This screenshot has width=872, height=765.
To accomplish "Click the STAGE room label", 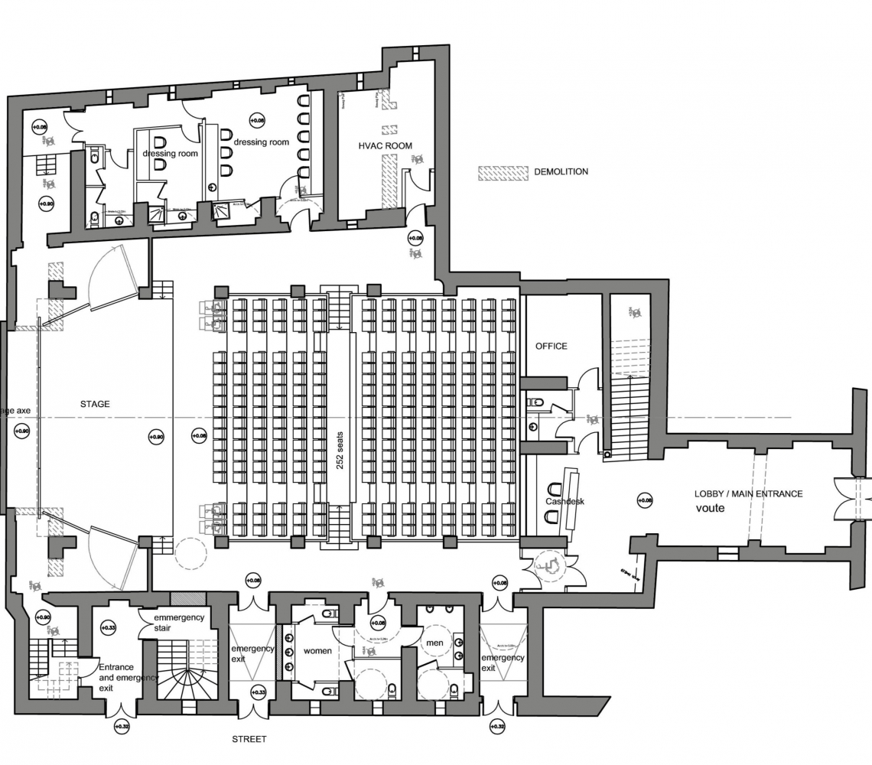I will coord(95,404).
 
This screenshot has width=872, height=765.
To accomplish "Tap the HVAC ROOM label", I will coord(385,145).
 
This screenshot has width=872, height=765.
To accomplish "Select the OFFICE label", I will coord(551,347).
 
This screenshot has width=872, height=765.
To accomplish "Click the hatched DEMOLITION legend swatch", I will coord(503,172).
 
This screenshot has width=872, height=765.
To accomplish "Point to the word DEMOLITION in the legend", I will coord(561,172).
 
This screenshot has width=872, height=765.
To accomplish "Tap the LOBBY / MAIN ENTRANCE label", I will coord(748,494).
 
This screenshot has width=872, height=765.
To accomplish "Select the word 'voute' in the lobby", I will coord(711,508).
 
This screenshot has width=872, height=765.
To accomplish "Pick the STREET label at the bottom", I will coord(249,739).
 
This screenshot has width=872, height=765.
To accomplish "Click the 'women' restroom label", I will coord(317,651).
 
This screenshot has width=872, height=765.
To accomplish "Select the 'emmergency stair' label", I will coord(179,623).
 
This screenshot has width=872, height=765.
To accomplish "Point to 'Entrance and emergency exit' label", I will coord(128,677).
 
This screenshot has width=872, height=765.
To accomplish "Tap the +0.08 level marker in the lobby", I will coord(645,500).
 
